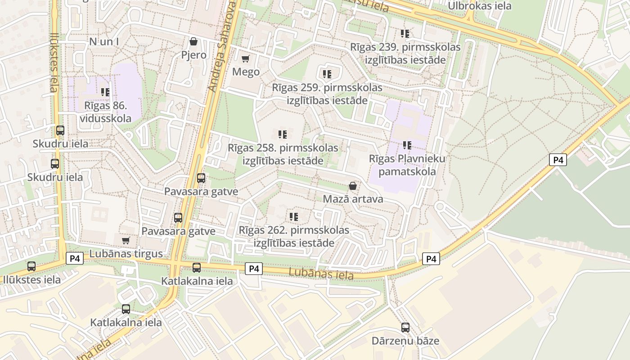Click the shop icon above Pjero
coord(193,42)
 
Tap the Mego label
coord(246,72)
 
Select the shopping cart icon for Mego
coord(246,59)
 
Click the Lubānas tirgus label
coord(126,253)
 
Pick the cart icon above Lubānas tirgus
coord(126,240)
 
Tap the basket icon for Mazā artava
coord(353,186)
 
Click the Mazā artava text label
coord(353,199)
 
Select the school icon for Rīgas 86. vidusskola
coord(105,92)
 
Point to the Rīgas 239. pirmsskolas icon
coord(405,33)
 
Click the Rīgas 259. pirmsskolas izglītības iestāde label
coord(327,94)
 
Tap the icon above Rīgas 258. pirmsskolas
coord(283,134)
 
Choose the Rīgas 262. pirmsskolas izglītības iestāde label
coord(294,237)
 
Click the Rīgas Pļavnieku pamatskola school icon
coord(407,145)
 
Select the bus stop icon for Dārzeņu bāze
coord(405,328)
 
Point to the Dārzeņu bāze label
coord(405,341)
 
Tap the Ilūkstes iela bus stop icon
coord(31,266)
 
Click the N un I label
coord(104,42)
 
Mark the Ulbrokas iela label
coord(480,6)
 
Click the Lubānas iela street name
coord(321,273)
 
